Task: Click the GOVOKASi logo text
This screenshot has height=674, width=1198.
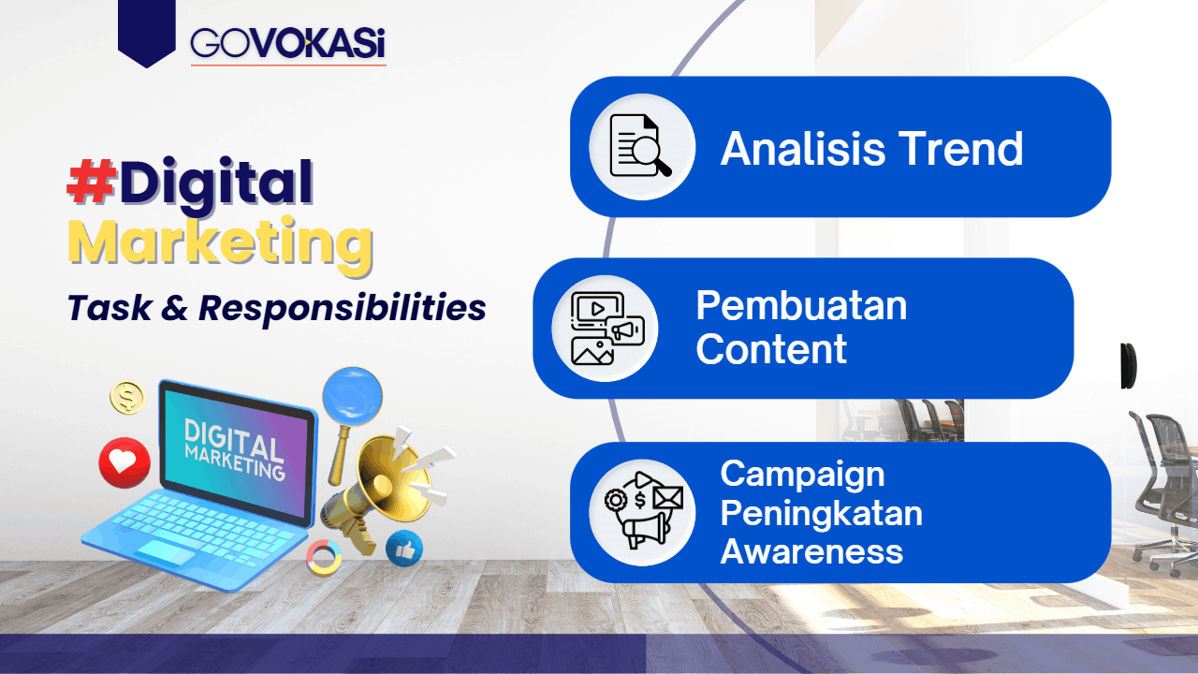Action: click(x=287, y=43)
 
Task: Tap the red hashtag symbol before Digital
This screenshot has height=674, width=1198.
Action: click(x=92, y=182)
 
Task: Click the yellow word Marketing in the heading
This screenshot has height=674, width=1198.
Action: click(x=220, y=243)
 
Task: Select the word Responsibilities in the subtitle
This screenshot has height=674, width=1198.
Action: click(x=343, y=309)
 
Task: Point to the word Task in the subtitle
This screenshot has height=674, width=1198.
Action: click(x=110, y=308)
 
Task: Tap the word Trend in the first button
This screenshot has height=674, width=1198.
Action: click(x=960, y=149)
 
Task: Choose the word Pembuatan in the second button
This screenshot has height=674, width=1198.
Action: click(x=801, y=305)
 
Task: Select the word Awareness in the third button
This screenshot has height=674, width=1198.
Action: click(x=811, y=551)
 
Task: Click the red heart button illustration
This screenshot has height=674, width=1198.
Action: click(x=124, y=462)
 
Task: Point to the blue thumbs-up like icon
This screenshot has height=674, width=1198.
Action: click(x=404, y=549)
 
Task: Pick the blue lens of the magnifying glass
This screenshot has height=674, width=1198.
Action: click(x=353, y=396)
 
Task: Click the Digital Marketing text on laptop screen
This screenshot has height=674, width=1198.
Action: click(x=234, y=448)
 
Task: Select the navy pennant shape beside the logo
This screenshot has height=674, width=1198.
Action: click(x=147, y=33)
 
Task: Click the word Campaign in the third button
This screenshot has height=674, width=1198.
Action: click(x=802, y=476)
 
